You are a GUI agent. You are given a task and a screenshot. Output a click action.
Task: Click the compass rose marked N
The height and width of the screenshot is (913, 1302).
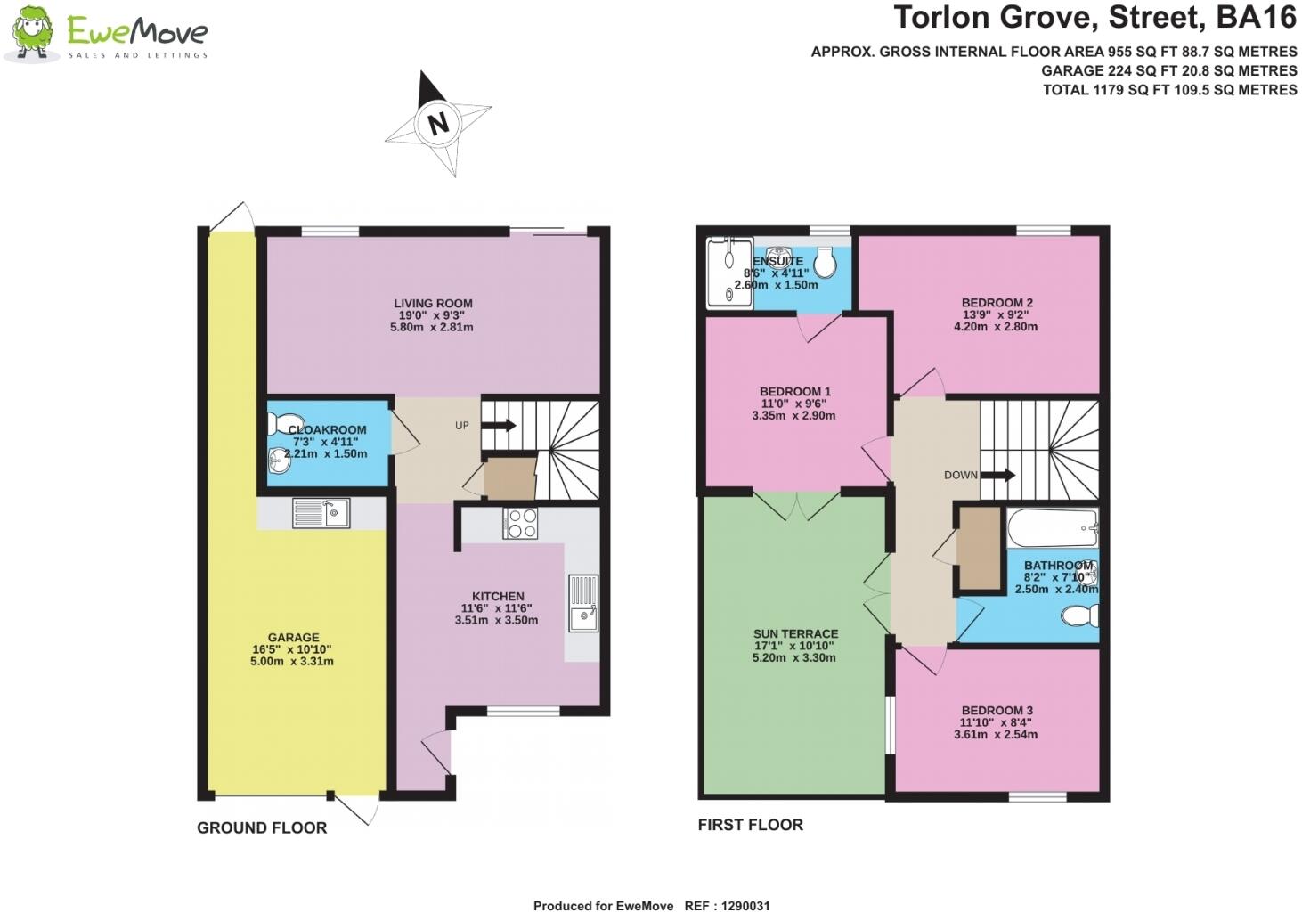pos(437,123)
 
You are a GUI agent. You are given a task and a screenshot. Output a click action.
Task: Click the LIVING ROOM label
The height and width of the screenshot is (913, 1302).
pos(433,304)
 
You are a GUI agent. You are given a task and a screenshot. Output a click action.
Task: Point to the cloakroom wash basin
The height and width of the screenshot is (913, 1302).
pos(279,461)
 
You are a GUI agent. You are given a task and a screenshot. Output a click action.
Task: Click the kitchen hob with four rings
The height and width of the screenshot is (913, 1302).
pos(520,523)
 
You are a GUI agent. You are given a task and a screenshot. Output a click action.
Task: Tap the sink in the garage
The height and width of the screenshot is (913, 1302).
pos(321,513)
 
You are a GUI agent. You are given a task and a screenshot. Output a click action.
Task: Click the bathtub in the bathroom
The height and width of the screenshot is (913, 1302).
pos(1052,528)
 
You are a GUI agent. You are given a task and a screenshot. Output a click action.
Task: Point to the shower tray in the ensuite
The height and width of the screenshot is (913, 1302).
pos(729,273)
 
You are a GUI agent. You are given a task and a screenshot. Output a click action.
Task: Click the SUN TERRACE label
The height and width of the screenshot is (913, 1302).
pos(795,634)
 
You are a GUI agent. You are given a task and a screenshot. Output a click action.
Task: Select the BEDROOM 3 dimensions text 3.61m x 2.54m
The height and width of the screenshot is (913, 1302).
pos(996,735)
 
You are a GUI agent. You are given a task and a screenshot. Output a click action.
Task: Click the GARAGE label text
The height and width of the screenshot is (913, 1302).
pos(293,638)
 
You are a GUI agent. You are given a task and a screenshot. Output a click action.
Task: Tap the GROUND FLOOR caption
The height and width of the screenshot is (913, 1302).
pos(262,828)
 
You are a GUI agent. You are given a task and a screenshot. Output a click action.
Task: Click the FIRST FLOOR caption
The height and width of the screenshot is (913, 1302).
pos(750,826)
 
